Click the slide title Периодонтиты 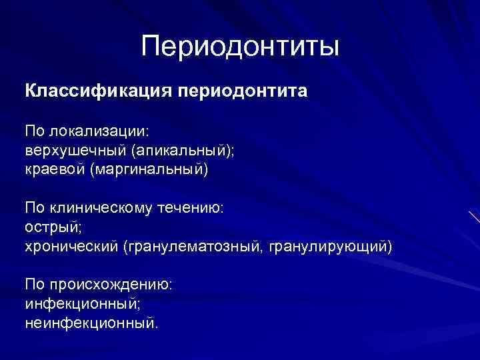point(240,46)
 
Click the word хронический point(71,247)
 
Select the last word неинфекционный point(92,323)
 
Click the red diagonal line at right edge point(474,219)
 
